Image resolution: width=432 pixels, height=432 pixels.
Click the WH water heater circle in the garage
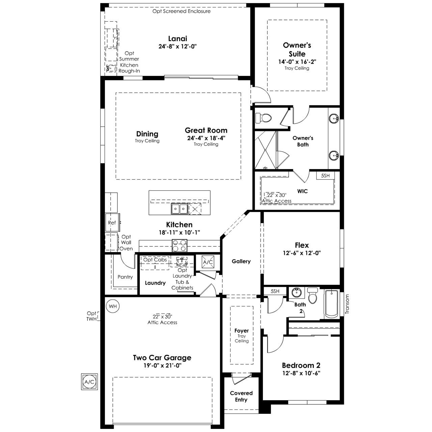click(x=113, y=306)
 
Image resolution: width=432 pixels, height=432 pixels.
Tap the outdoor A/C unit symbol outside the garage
click(x=89, y=382)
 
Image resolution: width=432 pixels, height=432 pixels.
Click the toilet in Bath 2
click(x=313, y=295)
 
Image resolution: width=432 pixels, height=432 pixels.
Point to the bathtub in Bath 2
click(x=331, y=304)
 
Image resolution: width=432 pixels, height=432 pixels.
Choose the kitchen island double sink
click(x=180, y=209)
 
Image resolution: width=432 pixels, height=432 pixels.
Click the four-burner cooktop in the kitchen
click(x=180, y=245)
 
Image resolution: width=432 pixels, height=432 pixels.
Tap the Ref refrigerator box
click(x=112, y=223)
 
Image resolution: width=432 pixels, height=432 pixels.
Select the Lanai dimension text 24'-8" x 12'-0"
click(x=178, y=46)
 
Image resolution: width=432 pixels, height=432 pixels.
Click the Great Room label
click(x=206, y=130)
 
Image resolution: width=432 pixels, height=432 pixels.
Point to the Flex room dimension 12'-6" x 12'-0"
click(x=302, y=253)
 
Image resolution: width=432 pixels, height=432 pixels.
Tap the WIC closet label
click(x=302, y=191)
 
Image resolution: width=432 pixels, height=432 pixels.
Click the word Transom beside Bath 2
click(x=347, y=304)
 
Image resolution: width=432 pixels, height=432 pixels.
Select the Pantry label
click(x=125, y=277)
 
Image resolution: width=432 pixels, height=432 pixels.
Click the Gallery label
click(x=241, y=262)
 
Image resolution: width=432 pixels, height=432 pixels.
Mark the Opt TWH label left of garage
click(x=92, y=316)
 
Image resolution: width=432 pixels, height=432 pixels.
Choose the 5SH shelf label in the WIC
click(x=325, y=176)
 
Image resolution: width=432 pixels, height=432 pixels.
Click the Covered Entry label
click(x=241, y=396)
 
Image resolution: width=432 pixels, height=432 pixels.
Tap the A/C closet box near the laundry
click(x=208, y=262)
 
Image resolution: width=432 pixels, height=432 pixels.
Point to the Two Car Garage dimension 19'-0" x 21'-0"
click(x=162, y=366)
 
